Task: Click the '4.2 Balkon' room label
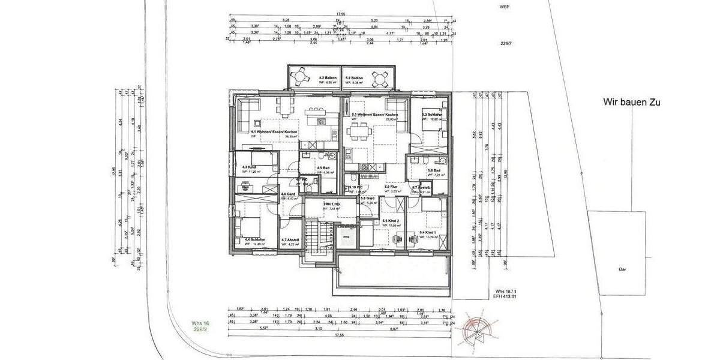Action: coord(328,78)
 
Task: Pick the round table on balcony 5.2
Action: coord(380,78)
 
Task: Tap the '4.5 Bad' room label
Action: coord(323,168)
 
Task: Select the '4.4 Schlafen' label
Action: coord(255,239)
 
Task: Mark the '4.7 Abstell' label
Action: coord(290,239)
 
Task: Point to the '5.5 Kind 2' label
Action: coord(391,221)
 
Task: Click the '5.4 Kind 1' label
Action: coord(428,232)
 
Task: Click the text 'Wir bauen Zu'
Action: coord(631,103)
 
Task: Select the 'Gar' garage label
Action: coord(623,269)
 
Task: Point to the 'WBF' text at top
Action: coord(503,7)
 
